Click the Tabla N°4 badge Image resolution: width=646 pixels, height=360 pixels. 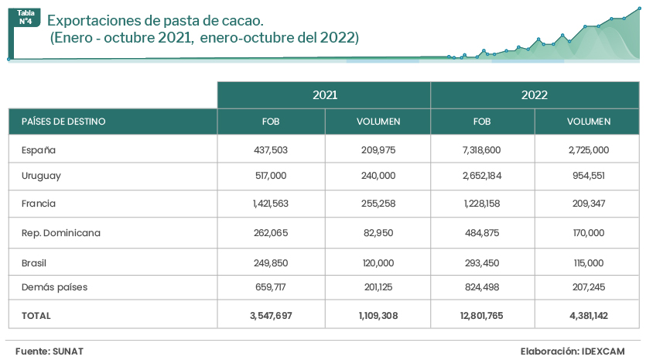pyautogui.click(x=26, y=18)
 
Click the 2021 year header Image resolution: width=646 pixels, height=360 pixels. pyautogui.click(x=324, y=95)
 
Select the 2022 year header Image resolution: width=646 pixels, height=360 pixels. pyautogui.click(x=535, y=95)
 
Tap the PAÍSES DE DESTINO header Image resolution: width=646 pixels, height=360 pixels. pyautogui.click(x=63, y=122)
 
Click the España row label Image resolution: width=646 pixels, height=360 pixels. pyautogui.click(x=39, y=150)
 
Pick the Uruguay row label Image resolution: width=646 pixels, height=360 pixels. pyautogui.click(x=41, y=176)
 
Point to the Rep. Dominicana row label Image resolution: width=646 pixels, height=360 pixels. pyautogui.click(x=61, y=232)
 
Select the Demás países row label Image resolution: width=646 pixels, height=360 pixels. pyautogui.click(x=54, y=287)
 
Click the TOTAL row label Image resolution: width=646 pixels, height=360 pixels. pyautogui.click(x=36, y=316)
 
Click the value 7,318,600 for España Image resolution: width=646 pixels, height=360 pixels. pyautogui.click(x=482, y=150)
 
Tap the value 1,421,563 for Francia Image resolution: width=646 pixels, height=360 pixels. pyautogui.click(x=271, y=204)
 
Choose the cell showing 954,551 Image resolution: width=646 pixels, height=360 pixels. pyautogui.click(x=588, y=176)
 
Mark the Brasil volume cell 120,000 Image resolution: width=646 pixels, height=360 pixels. pyautogui.click(x=378, y=263)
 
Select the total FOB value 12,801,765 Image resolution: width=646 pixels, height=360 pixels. pyautogui.click(x=482, y=316)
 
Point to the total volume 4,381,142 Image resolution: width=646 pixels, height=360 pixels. pyautogui.click(x=588, y=316)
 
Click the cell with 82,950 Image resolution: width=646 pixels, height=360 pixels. pyautogui.click(x=378, y=232)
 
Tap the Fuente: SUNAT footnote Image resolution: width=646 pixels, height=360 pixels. pyautogui.click(x=50, y=351)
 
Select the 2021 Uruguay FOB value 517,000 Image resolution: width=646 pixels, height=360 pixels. pyautogui.click(x=271, y=176)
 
